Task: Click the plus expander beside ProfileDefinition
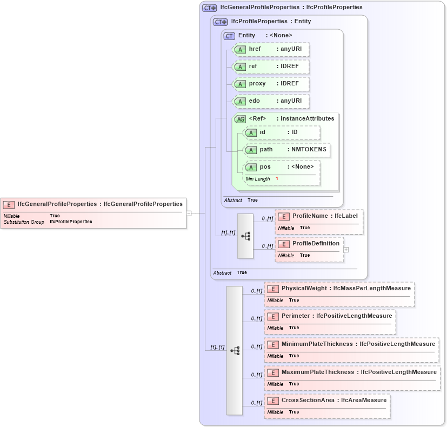click(346, 250)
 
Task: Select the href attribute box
click(270, 49)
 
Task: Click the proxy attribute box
click(270, 84)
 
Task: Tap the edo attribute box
click(270, 101)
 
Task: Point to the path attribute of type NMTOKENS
click(287, 150)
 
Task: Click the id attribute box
click(282, 132)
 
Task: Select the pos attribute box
click(282, 167)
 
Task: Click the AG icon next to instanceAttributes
click(239, 119)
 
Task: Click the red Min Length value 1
click(277, 179)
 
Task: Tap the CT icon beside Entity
click(229, 36)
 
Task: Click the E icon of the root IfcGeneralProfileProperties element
click(9, 205)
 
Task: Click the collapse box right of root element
click(189, 213)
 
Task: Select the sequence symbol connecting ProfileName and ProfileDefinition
click(245, 236)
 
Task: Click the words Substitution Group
click(24, 222)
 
